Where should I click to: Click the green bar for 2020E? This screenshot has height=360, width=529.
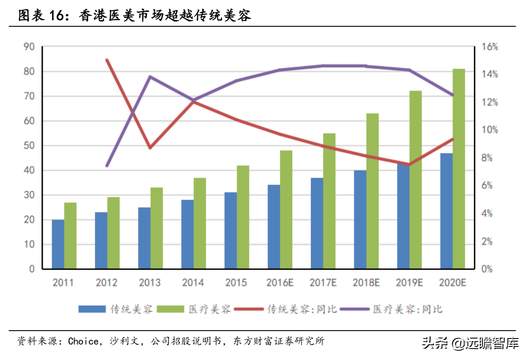tap(459, 169)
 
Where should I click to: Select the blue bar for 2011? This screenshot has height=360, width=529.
tap(58, 244)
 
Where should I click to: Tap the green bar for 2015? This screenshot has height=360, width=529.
tap(243, 217)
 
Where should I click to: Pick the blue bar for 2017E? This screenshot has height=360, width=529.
tap(317, 223)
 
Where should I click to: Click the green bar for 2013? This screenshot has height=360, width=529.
tap(157, 228)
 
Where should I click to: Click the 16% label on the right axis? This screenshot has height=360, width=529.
tap(490, 47)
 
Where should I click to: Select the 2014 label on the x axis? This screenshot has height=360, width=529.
tap(193, 283)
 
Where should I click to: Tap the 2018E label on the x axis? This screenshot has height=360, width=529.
tap(366, 283)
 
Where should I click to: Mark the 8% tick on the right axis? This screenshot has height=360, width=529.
tap(487, 158)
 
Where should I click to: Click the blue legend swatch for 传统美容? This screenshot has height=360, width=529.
tap(92, 309)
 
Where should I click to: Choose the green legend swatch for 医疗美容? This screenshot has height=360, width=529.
tap(170, 309)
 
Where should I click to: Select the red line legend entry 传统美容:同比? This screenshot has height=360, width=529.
tap(285, 309)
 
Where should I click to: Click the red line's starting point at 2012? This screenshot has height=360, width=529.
tap(107, 60)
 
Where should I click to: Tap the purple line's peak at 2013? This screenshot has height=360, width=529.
tap(150, 77)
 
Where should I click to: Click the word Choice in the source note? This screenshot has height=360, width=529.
tap(83, 341)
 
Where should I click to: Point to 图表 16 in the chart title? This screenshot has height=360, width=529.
tap(41, 16)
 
